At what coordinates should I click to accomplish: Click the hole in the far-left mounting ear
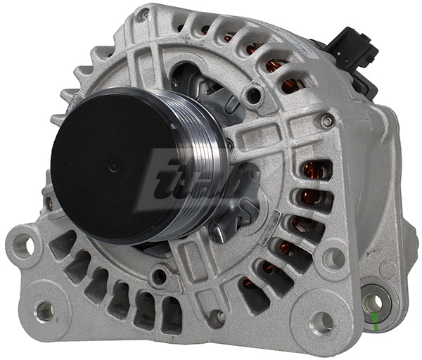[x=23, y=245]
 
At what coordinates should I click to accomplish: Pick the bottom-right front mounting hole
[x=321, y=321]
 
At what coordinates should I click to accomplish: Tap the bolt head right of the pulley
[x=326, y=121]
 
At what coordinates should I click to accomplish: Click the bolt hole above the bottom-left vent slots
[x=160, y=276]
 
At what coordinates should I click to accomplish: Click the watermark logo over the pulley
[x=183, y=179]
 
